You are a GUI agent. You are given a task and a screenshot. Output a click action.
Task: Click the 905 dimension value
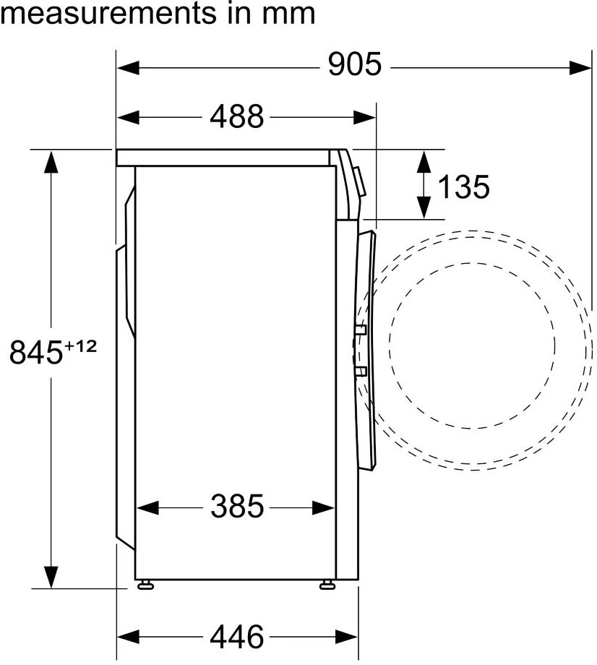tap(355, 64)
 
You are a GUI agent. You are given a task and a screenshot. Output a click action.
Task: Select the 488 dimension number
tap(236, 116)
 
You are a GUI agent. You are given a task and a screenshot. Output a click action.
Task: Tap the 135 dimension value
tap(463, 186)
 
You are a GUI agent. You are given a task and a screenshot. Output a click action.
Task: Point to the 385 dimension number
tap(237, 507)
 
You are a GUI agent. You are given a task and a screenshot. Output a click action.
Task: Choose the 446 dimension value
tap(237, 637)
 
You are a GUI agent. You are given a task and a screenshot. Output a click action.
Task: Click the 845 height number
tap(36, 352)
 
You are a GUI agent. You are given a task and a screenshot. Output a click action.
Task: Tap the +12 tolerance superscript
tap(80, 346)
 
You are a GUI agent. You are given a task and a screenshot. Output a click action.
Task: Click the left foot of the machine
tap(145, 585)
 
